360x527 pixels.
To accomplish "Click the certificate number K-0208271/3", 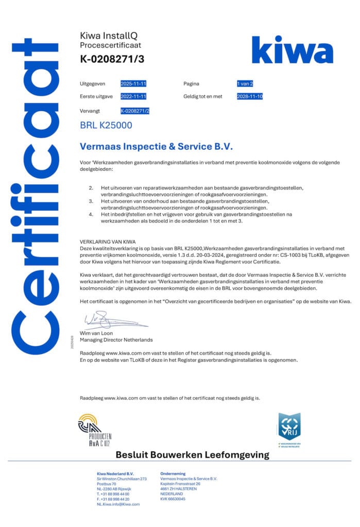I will pos(112,59).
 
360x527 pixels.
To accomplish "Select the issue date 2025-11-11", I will pos(133,83).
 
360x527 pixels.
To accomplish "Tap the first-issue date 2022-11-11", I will pos(133,96).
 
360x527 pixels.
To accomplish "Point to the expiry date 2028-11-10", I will pos(250,96).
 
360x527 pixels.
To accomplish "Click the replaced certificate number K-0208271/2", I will pos(134,111).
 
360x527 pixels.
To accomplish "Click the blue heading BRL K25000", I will pos(106,125).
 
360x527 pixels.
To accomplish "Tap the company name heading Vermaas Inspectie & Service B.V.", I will pos(157,147).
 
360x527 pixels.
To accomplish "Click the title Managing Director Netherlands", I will pos(116,340).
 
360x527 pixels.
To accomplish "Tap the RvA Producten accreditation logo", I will pos(94,430).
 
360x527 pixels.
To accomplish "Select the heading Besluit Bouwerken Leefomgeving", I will pos(192,454).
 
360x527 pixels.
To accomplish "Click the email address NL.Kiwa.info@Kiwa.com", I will pos(118,504).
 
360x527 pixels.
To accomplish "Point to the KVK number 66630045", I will pos(173,499).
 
